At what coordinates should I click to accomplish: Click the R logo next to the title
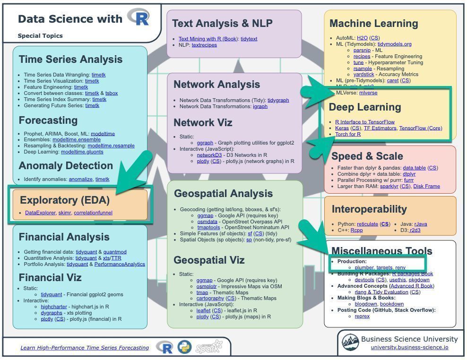[x=138, y=17]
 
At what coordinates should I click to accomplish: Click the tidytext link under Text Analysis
[x=249, y=39]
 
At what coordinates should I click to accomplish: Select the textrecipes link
[x=204, y=45]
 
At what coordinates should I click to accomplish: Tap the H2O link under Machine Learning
[x=362, y=38]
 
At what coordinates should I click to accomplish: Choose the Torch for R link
[x=348, y=134]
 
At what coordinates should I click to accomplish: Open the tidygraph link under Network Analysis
[x=278, y=100]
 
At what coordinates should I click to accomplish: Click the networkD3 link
[x=209, y=155]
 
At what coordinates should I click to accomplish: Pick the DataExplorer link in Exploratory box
[x=41, y=213]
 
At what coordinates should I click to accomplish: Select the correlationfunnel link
[x=93, y=213]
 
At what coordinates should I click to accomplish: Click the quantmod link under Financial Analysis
[x=115, y=252]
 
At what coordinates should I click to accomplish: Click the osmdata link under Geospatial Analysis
[x=207, y=222]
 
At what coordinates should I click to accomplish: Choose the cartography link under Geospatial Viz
[x=210, y=298]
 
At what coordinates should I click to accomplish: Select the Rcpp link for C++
[x=356, y=231]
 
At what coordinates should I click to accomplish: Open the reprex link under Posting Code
[x=362, y=316]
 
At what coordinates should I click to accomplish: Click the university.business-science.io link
[x=409, y=347]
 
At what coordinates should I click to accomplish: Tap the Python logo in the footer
[x=184, y=347]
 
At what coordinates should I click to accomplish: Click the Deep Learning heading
[x=365, y=107]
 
